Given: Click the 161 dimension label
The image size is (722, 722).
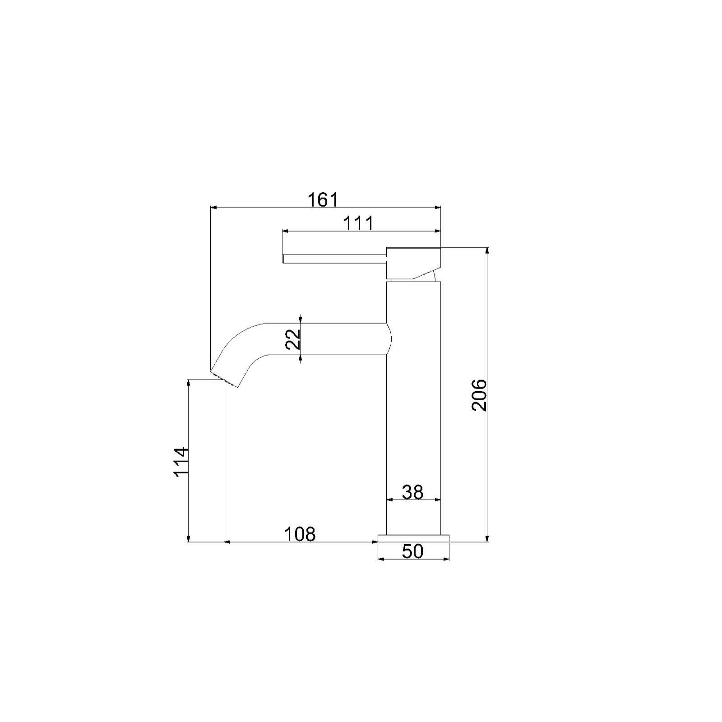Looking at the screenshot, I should point(323,199).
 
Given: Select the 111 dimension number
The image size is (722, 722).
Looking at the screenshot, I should point(359,223).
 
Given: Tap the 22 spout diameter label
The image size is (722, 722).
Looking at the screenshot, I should point(293,339).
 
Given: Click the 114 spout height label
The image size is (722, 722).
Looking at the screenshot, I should point(181,462).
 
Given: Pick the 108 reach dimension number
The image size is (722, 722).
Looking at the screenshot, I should point(300,534).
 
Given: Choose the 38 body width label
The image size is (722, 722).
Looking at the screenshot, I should point(412,492).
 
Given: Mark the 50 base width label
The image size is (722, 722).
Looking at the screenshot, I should point(412,551).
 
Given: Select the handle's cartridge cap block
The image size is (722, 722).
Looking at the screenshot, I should point(412,263).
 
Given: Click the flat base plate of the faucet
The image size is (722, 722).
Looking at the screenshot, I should point(413,537).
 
